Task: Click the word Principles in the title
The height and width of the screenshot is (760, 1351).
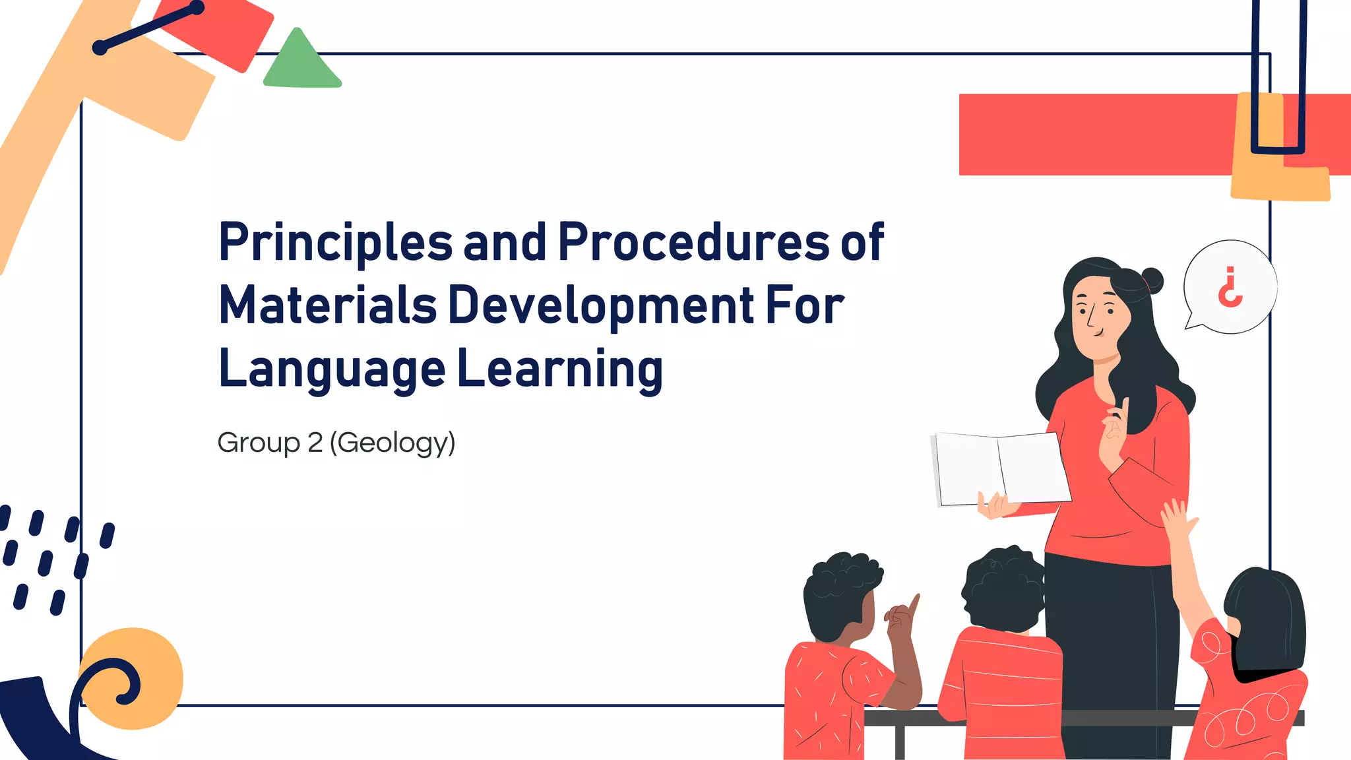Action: click(x=335, y=243)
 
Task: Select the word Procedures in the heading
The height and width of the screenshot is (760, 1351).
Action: click(x=693, y=241)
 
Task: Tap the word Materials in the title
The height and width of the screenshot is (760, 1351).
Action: click(x=327, y=305)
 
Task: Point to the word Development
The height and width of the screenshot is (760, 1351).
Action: click(x=601, y=306)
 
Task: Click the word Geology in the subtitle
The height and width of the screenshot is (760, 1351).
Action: click(x=392, y=443)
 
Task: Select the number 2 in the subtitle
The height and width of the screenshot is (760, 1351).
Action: click(x=315, y=442)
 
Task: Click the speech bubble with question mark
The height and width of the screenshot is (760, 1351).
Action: click(x=1230, y=287)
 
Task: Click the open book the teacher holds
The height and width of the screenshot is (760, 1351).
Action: click(x=1001, y=468)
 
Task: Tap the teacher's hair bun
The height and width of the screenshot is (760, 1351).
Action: click(x=1152, y=280)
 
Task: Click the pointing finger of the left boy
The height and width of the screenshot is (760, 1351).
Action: click(x=913, y=604)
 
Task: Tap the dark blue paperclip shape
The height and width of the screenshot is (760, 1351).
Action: click(x=1278, y=79)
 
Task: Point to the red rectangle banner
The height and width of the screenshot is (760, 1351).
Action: click(x=1095, y=135)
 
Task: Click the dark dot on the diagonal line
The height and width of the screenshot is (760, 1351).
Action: click(x=100, y=47)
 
